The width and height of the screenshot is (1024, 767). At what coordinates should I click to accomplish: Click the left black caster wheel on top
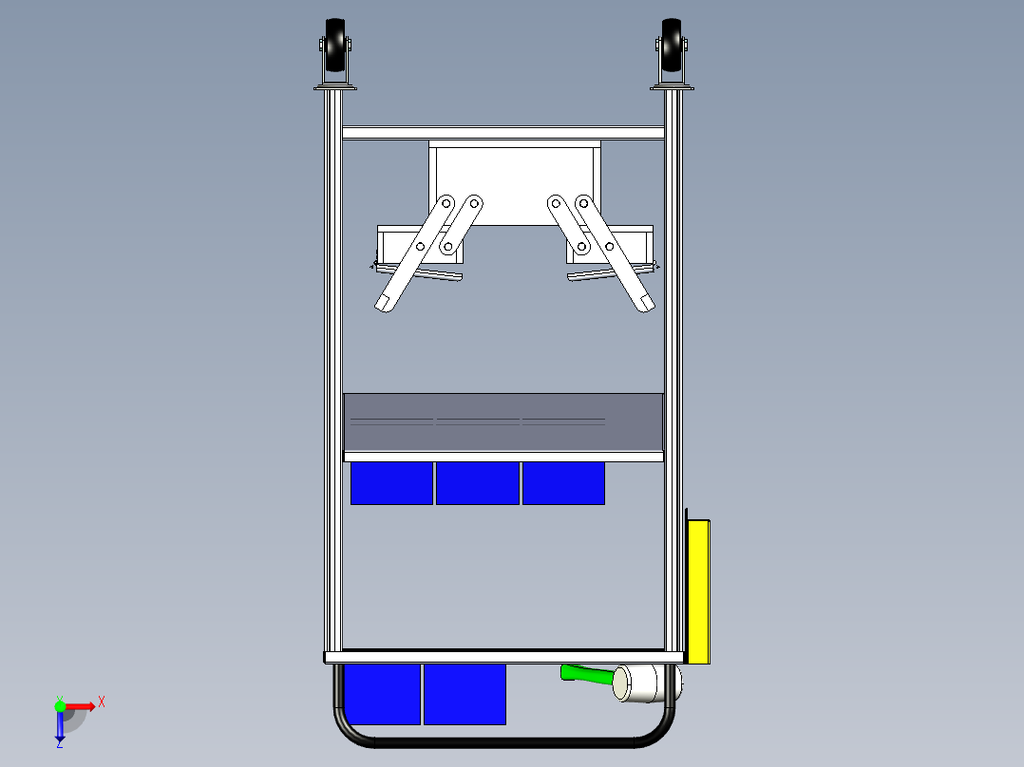[335, 47]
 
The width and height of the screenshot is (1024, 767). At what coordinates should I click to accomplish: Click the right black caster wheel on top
[672, 47]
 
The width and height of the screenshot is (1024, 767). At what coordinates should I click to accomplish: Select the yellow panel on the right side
[698, 590]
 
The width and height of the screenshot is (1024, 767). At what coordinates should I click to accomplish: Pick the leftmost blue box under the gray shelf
[391, 483]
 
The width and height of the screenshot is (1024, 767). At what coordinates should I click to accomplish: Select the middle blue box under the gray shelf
[477, 483]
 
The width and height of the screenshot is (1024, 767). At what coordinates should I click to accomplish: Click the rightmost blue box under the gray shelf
[563, 483]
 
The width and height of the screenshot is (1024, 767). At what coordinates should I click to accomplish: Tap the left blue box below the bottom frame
[382, 694]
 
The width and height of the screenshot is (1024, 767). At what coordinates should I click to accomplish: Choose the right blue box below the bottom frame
[465, 694]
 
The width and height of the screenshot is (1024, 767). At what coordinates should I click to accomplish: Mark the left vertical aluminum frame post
[334, 380]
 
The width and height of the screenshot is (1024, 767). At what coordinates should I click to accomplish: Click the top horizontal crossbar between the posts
[503, 133]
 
